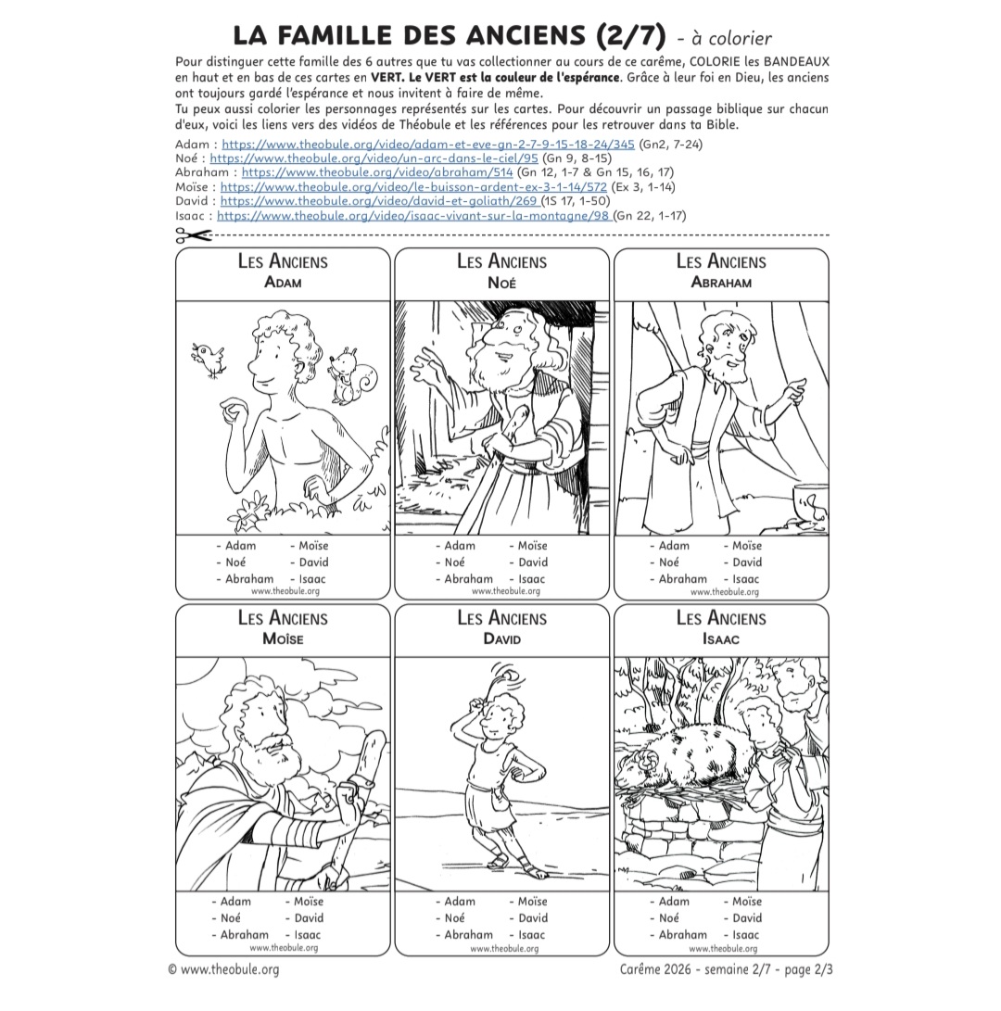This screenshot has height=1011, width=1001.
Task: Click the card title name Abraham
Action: (x=720, y=283)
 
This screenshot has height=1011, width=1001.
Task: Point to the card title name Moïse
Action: (x=283, y=638)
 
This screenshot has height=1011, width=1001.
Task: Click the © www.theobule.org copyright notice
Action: (x=223, y=969)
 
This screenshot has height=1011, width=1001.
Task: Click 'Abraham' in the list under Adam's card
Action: (x=249, y=579)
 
